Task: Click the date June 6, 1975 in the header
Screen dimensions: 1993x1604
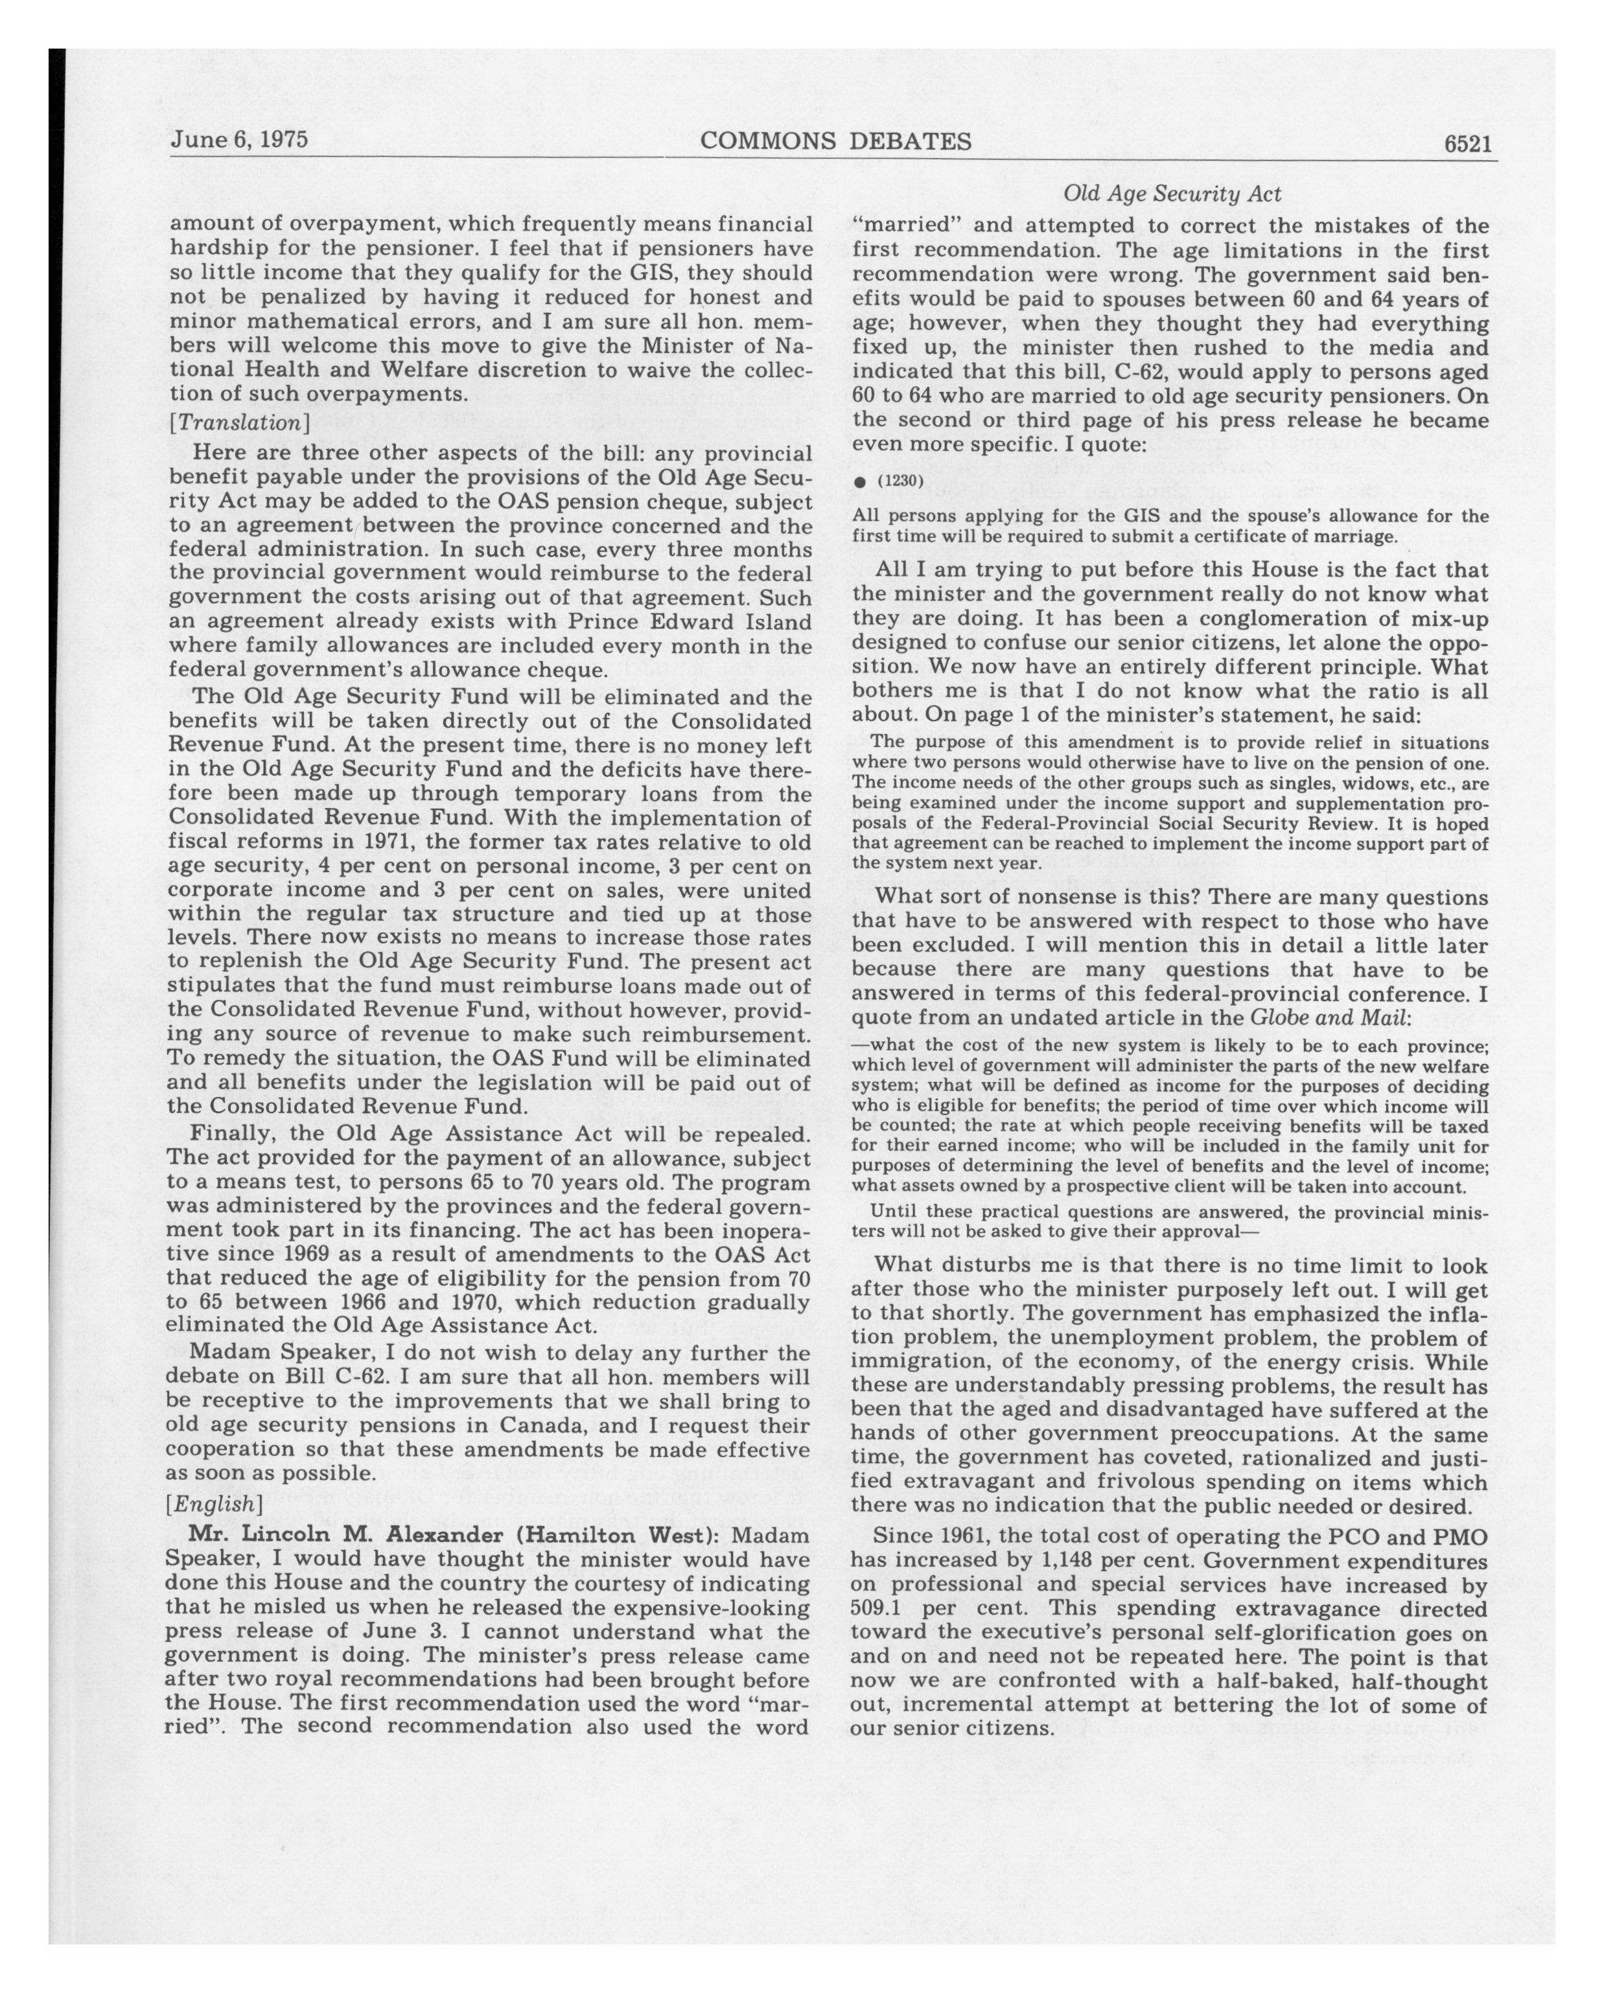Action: point(238,139)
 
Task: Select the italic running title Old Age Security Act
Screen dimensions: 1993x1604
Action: point(1171,194)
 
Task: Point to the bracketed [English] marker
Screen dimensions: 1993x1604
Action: point(215,1504)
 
